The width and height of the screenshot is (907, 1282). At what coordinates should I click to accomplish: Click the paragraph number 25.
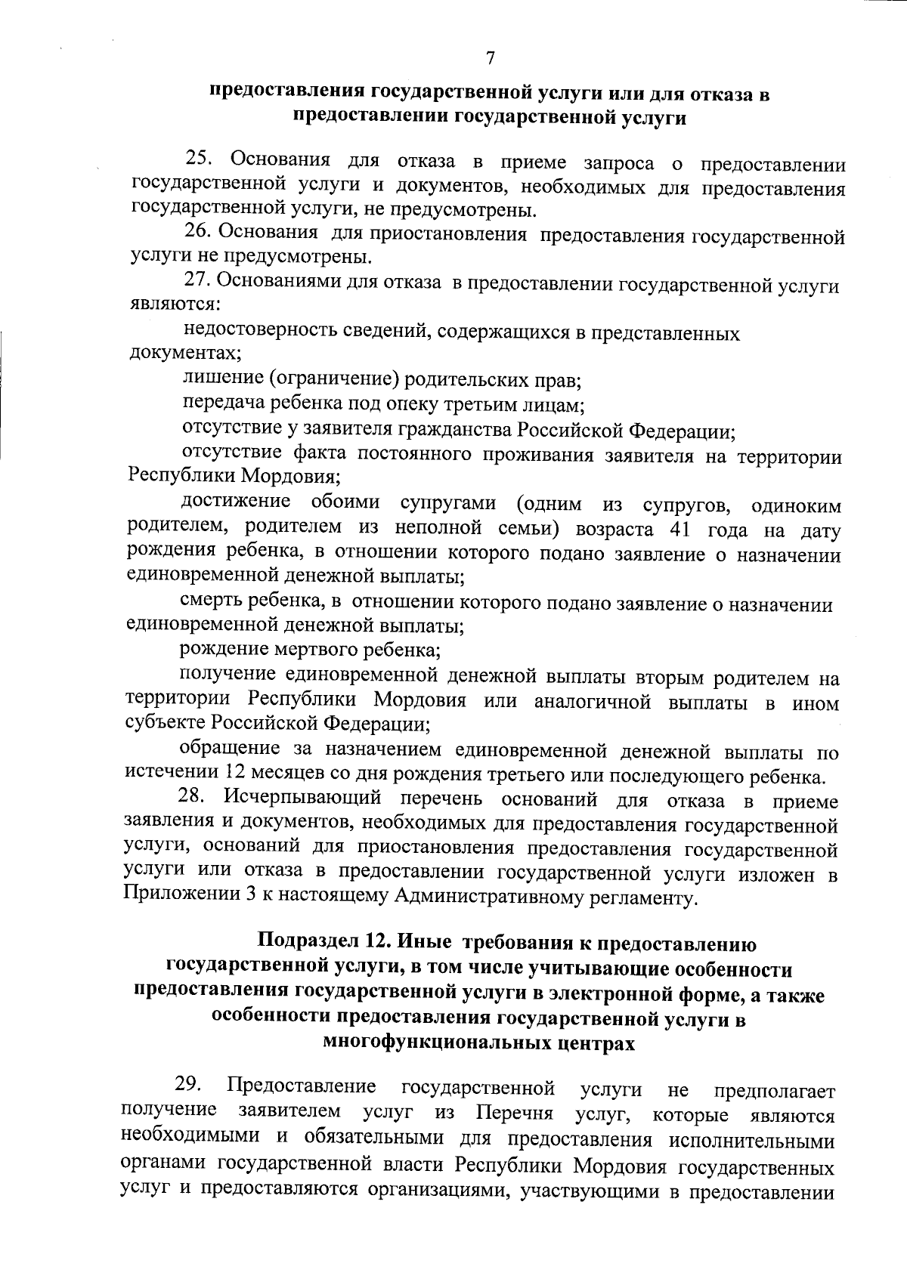(x=200, y=159)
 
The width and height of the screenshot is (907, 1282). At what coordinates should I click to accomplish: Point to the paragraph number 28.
(x=193, y=798)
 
